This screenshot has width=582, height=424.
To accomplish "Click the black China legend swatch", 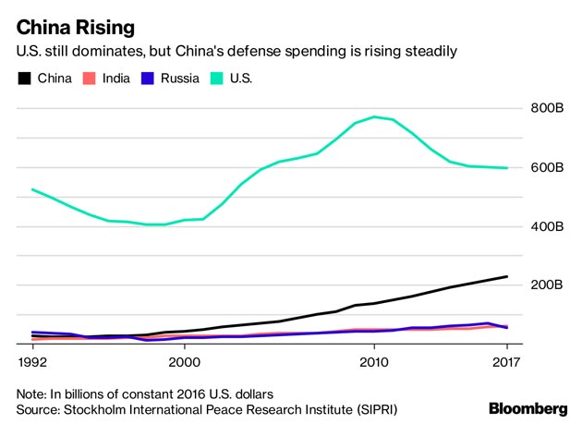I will [x=24, y=79].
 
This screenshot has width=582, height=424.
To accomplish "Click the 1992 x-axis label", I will [x=33, y=360].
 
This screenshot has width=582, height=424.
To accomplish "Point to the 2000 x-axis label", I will [x=185, y=360].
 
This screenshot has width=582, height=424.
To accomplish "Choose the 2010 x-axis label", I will [x=374, y=360].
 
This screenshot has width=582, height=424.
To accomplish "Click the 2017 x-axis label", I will [x=507, y=360].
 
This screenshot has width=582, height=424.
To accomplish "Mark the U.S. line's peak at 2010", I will [x=374, y=117].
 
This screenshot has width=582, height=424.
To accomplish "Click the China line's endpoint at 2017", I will [x=507, y=276].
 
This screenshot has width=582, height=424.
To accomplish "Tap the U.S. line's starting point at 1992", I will [x=33, y=189].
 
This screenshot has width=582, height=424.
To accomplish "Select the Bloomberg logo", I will [x=527, y=407].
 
